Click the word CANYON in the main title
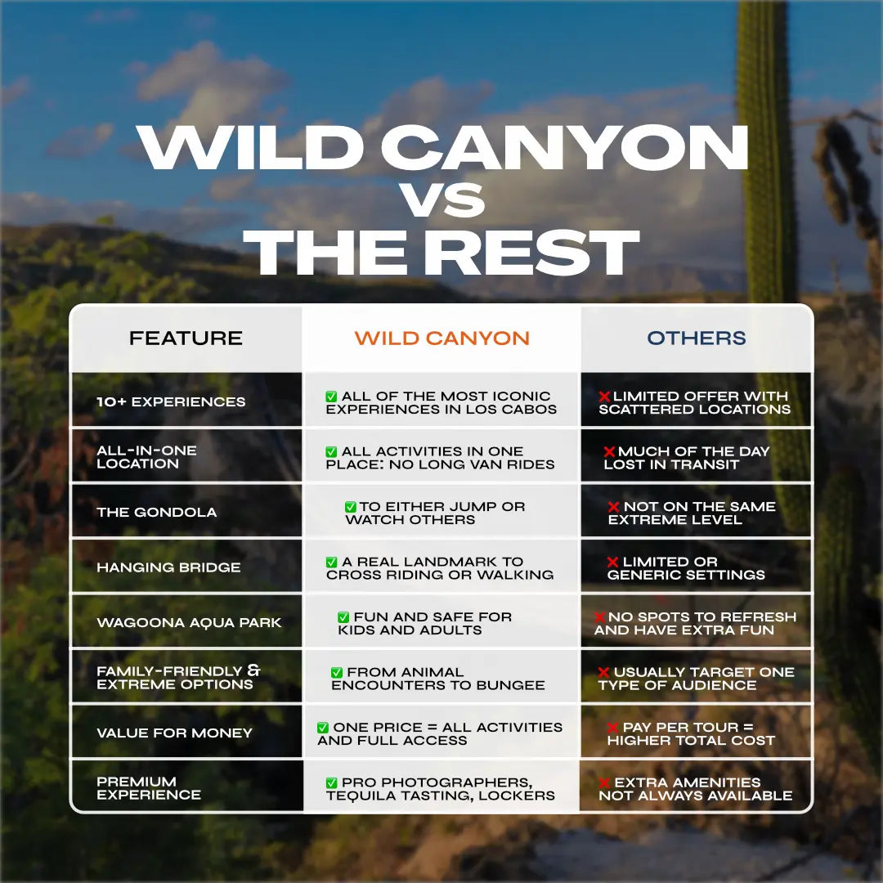point(565,148)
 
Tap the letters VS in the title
point(442,199)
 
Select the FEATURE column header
point(186,338)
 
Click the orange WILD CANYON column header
point(441,338)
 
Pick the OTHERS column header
point(697,338)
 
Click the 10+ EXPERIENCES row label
point(171,402)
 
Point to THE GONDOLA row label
point(157,513)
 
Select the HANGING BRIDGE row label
point(168,567)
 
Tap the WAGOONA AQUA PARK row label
point(189,623)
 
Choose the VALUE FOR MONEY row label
point(174,733)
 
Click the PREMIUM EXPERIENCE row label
point(148,788)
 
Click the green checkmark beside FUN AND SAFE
point(343,617)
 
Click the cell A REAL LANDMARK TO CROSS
point(441,567)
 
